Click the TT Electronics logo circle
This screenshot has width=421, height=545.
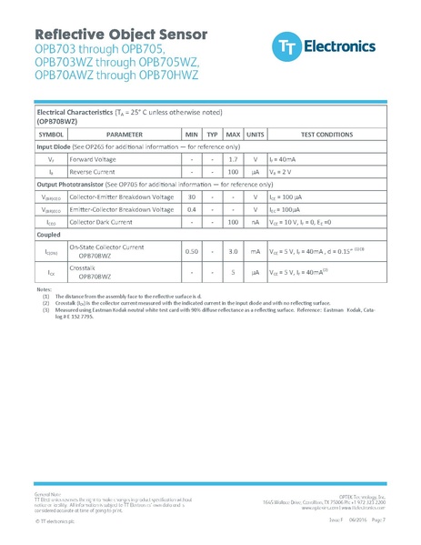click(x=285, y=45)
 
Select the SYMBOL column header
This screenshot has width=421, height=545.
click(x=51, y=133)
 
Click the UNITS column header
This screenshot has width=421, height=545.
click(x=256, y=133)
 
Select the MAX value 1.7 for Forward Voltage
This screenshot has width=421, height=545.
click(x=233, y=158)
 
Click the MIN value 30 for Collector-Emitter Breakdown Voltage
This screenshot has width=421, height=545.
click(x=192, y=197)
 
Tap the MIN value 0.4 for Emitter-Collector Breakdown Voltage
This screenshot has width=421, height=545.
click(x=192, y=209)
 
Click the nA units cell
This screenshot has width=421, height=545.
click(x=256, y=221)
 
